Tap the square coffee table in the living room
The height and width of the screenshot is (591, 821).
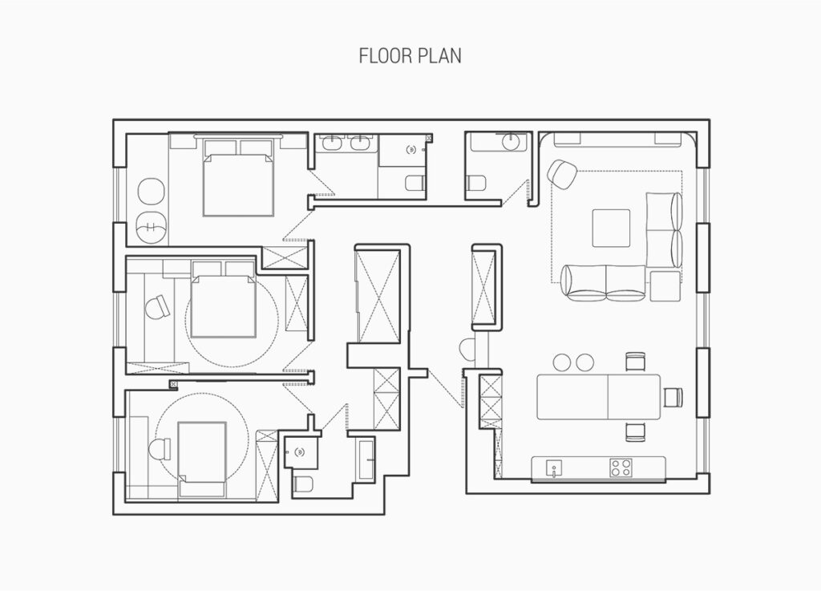(x=612, y=227)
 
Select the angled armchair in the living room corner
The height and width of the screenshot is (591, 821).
(x=563, y=173)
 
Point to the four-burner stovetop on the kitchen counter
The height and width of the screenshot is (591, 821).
(x=621, y=467)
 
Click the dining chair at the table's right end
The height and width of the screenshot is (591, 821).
(x=672, y=396)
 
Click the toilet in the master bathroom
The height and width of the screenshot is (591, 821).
(x=415, y=184)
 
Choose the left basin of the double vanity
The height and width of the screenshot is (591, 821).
(x=331, y=145)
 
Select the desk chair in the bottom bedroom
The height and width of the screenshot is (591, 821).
(x=160, y=450)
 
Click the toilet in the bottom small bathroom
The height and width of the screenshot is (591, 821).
(x=303, y=483)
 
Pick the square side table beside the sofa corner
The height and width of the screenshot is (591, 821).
(x=665, y=285)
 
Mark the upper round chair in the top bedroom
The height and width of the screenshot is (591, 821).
(x=152, y=192)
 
